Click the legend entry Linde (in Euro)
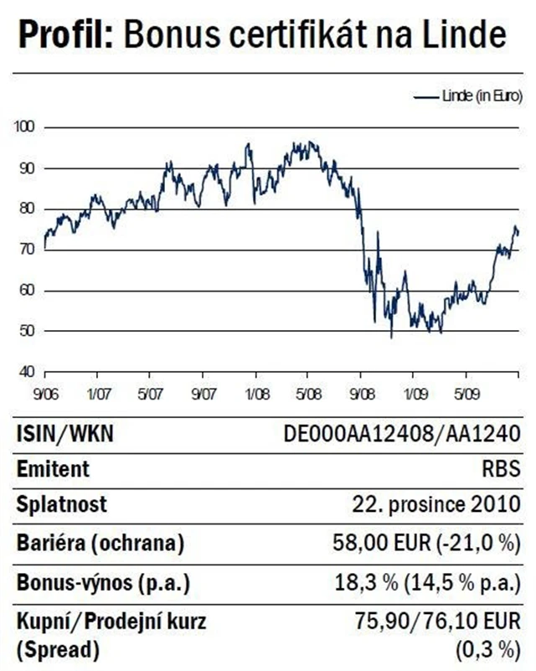479,97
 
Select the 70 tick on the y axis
28,250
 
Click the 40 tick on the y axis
28,371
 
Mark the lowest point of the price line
391,337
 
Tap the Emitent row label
52,469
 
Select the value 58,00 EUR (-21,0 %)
432,542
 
